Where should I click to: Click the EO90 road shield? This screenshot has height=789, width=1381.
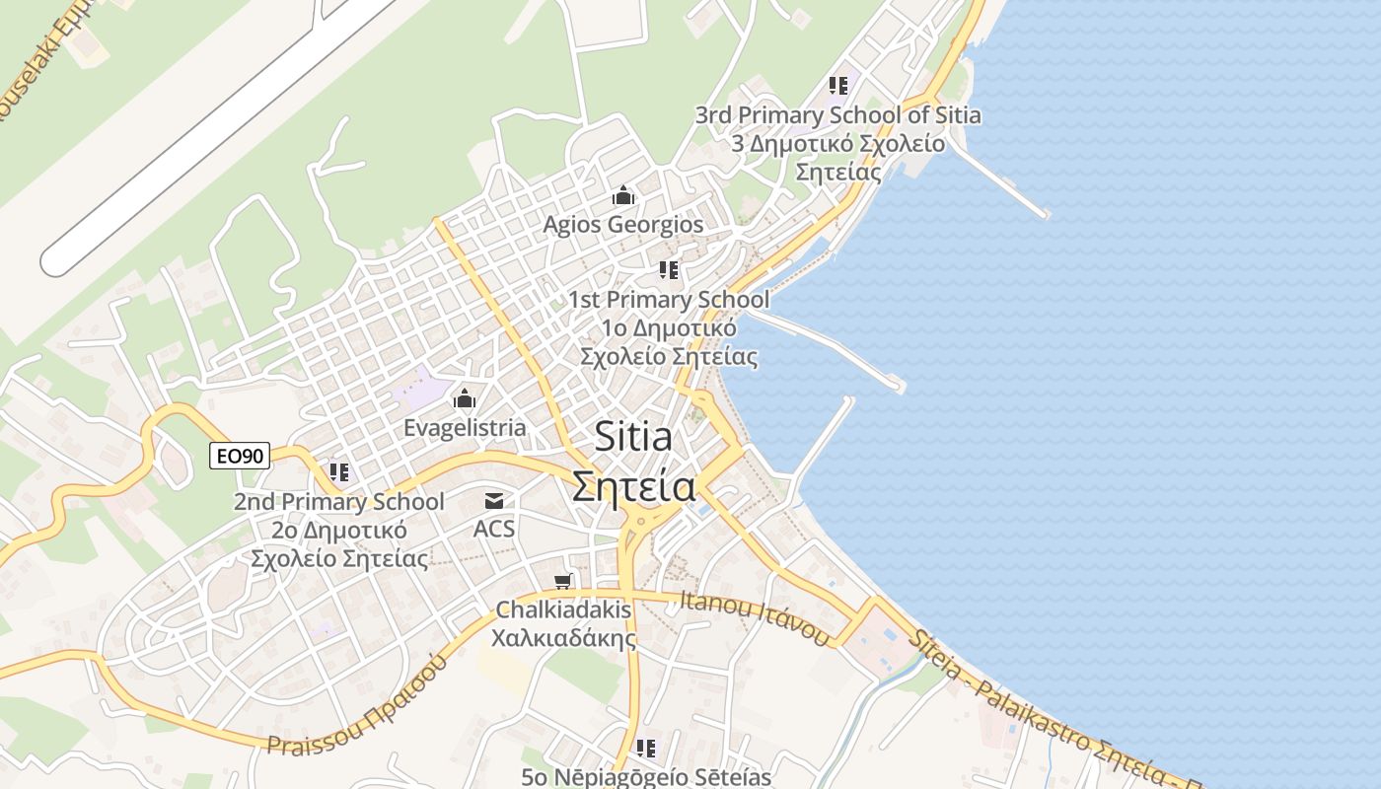[240, 456]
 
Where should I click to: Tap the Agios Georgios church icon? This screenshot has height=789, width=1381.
[623, 196]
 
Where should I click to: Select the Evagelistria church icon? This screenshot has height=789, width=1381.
[464, 399]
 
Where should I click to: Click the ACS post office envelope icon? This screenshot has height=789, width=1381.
[494, 502]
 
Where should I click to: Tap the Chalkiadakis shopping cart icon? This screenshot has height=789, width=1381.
[563, 581]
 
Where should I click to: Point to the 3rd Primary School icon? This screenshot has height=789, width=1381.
[838, 86]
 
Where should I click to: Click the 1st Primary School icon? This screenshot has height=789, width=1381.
[669, 269]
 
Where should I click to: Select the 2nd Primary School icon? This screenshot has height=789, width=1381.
[338, 472]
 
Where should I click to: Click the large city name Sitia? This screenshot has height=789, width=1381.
[633, 438]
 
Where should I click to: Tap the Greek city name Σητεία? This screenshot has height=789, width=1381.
[634, 486]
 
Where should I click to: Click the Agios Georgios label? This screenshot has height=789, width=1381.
[623, 225]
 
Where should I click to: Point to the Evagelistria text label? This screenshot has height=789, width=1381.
[465, 428]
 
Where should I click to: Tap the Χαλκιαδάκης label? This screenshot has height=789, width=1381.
[564, 638]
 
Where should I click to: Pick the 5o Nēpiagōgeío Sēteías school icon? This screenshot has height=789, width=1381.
[646, 749]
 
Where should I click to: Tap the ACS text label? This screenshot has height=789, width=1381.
[494, 529]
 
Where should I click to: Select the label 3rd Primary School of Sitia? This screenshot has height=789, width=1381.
[837, 115]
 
